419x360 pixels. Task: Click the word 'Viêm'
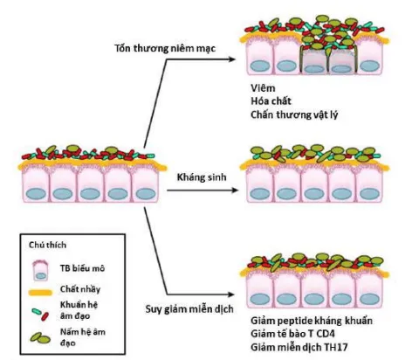[262, 88]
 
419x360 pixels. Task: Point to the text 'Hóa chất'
[270, 100]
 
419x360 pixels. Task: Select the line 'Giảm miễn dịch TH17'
[297, 346]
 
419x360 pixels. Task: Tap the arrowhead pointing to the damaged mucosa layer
[237, 58]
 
